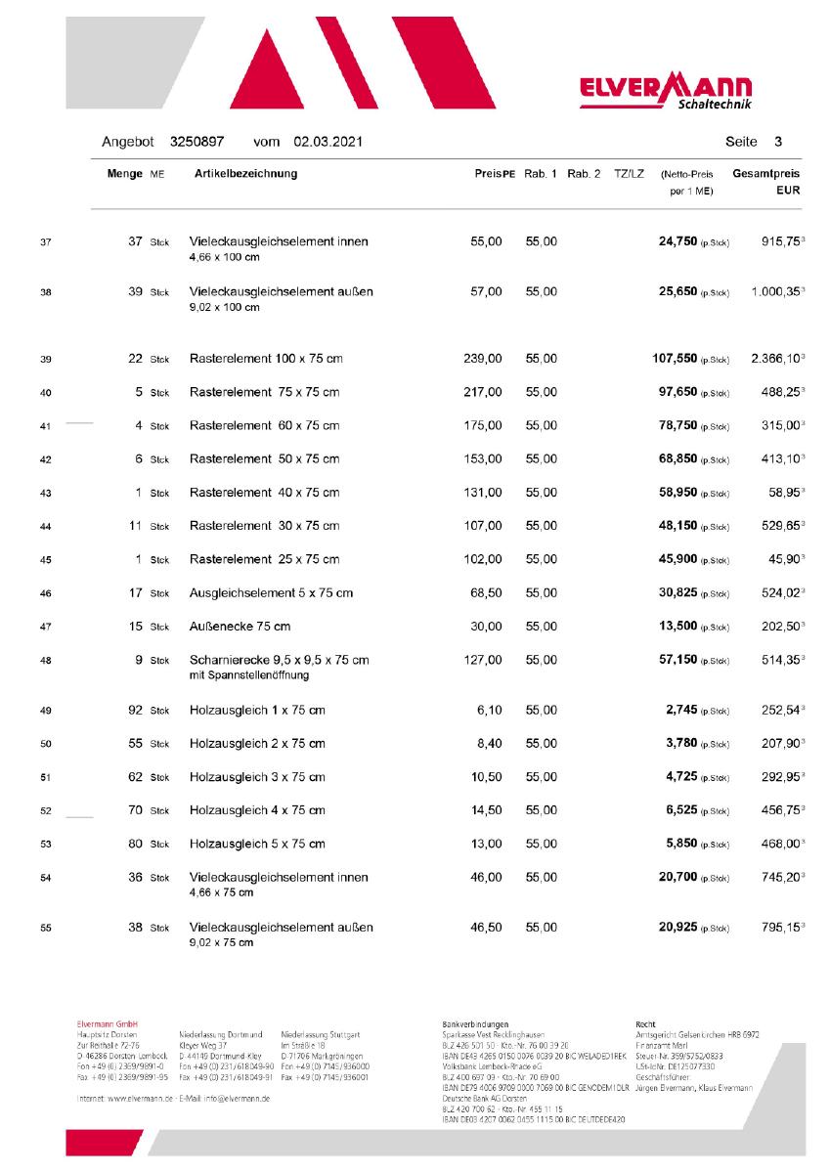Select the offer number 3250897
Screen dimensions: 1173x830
(x=197, y=142)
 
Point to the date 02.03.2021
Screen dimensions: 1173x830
(x=327, y=142)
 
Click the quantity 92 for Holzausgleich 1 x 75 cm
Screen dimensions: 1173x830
(x=135, y=710)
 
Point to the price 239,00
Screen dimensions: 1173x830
(x=482, y=360)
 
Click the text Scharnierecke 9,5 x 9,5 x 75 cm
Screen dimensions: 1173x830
(x=279, y=661)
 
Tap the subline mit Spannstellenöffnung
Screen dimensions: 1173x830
(x=249, y=676)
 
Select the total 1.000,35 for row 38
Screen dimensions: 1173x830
(x=775, y=292)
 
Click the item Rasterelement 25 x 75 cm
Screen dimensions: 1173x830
(x=264, y=560)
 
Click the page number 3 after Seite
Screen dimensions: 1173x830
(x=777, y=142)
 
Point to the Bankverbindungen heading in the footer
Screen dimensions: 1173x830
(x=475, y=1024)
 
